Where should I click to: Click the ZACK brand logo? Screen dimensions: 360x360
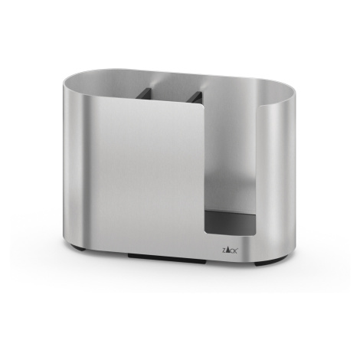[229, 250]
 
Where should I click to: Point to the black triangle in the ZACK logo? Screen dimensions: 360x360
[227, 250]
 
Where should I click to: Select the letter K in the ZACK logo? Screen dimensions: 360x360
[235, 250]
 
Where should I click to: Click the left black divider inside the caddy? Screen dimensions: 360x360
[143, 93]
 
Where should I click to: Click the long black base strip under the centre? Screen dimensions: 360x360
[167, 258]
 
